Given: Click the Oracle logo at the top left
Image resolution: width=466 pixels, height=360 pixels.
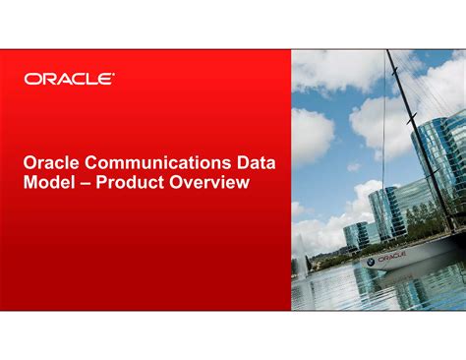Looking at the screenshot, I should pos(69,78).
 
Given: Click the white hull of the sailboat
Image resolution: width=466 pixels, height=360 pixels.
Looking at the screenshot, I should pos(413,258).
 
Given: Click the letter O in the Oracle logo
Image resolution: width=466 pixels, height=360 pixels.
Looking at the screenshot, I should pos(32,78).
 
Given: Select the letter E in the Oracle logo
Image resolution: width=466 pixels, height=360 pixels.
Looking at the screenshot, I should pos(106,78).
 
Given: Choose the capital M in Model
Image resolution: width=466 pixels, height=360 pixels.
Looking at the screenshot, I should pos(32,182).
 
